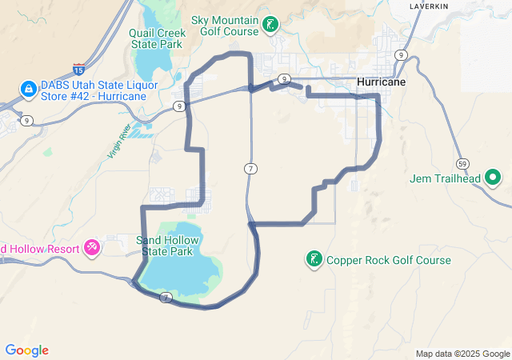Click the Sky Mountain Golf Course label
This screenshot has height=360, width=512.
(225, 26)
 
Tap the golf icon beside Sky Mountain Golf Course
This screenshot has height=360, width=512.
(272, 24)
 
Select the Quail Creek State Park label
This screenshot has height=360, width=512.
(158, 38)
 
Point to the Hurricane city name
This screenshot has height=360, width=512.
(382, 82)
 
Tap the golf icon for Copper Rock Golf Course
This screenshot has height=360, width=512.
(314, 259)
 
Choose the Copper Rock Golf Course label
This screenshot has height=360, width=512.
(388, 260)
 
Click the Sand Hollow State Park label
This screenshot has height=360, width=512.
(166, 246)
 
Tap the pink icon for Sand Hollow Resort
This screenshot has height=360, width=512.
(92, 247)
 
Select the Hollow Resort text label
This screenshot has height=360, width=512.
(40, 249)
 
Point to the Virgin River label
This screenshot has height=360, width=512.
(118, 142)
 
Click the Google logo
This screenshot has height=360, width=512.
(26, 350)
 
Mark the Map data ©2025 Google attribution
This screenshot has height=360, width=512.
(462, 354)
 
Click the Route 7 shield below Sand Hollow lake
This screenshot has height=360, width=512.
(166, 298)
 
